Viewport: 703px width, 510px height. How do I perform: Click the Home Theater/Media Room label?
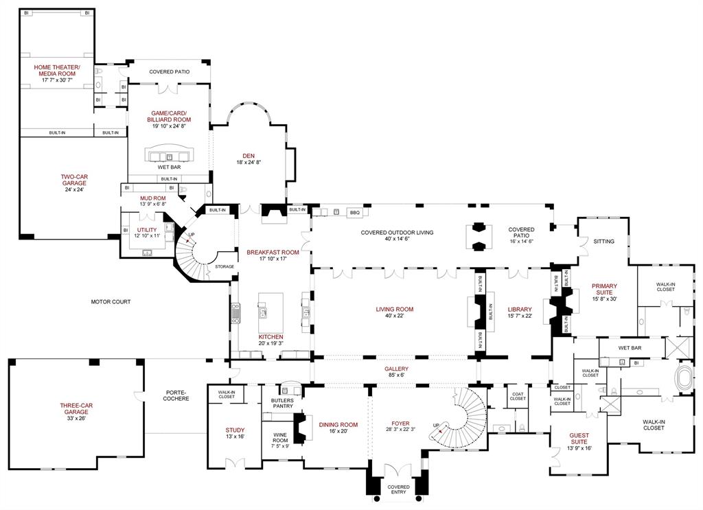pos(56,70)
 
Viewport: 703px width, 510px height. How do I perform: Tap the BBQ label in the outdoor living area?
pos(354,213)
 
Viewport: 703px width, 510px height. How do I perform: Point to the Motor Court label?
pos(111,301)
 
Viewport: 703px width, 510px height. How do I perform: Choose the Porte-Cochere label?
pos(176,395)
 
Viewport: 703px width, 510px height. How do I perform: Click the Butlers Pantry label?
pos(282,403)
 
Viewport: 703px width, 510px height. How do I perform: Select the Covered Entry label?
pos(398,489)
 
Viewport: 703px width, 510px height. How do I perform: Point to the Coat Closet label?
pos(518,396)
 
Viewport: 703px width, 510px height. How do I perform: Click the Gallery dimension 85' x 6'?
pos(396,376)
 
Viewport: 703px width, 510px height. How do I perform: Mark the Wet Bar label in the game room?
pos(169,167)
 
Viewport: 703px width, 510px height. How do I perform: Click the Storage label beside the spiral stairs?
pos(224,266)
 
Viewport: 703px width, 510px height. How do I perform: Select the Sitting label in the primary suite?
pos(604,242)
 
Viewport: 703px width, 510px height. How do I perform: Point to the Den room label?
pos(248,155)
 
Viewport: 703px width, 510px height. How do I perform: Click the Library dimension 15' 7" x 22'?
pos(519,316)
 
